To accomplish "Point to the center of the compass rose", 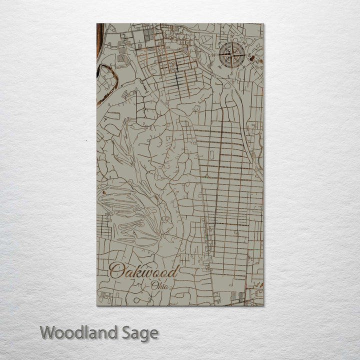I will pos(232,53).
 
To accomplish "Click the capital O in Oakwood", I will pos(117,271).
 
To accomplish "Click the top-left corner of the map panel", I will pos(97,24).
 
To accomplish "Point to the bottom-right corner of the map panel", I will pos(263,305).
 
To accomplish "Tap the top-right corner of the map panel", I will pos(263,24).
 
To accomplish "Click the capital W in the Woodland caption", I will pos(48,332).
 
